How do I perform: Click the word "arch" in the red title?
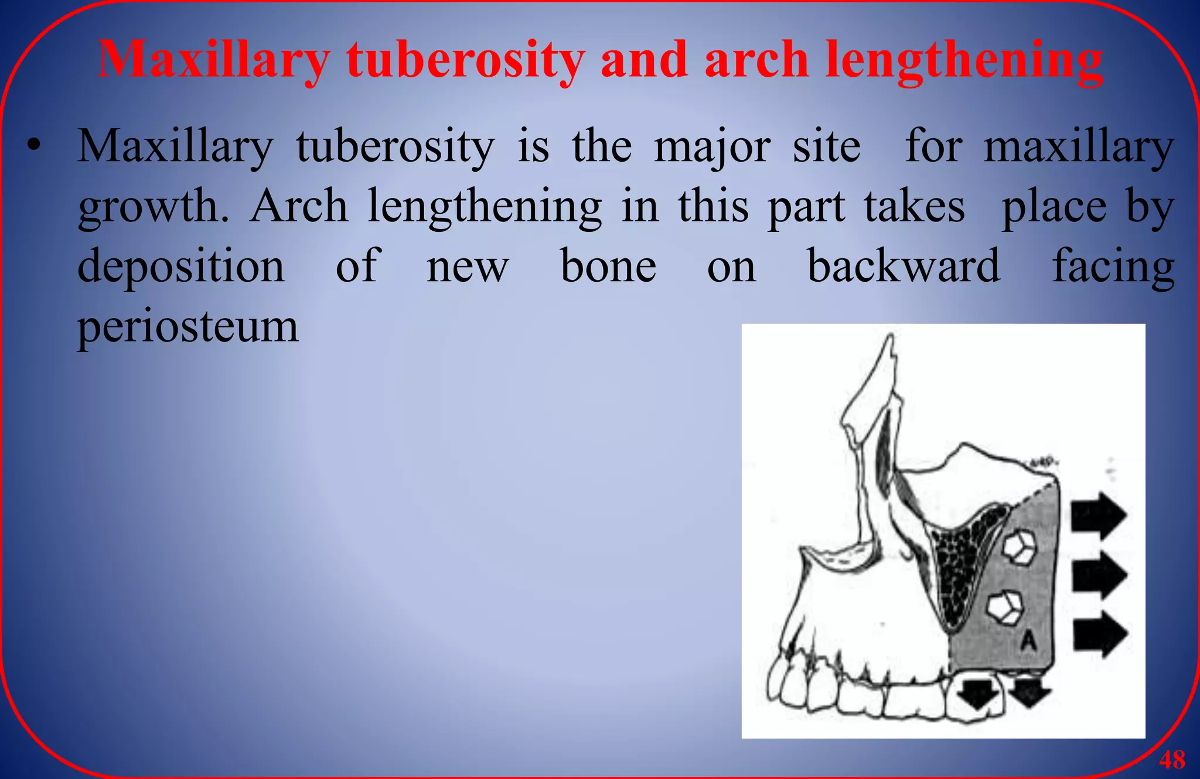[756, 60]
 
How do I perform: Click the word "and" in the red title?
[644, 60]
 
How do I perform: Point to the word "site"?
[826, 146]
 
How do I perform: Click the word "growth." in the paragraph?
[154, 207]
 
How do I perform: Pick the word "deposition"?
[181, 267]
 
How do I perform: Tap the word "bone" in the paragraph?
[608, 266]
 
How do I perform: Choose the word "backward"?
[904, 266]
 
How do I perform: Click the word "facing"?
[1113, 267]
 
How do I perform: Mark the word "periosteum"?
[188, 327]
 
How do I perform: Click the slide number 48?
[1172, 760]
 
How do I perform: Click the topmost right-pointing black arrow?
[1098, 515]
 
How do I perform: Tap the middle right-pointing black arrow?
[1099, 575]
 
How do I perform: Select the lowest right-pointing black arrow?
[1100, 634]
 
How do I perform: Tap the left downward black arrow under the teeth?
[977, 695]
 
